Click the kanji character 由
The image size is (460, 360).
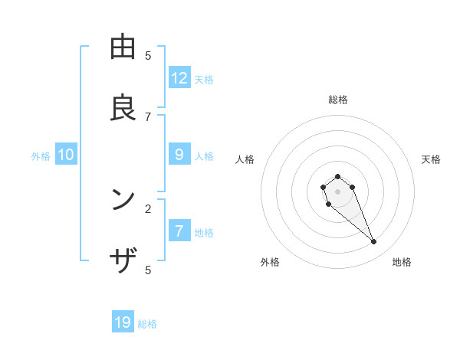point(123,47)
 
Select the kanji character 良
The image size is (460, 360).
point(123,108)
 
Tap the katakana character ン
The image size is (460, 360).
point(123,200)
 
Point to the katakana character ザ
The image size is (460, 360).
point(123,261)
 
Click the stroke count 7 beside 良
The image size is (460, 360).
point(148,116)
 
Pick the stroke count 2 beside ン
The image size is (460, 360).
point(148,208)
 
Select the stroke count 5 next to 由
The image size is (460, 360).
point(148,55)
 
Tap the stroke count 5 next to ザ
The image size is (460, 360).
point(148,270)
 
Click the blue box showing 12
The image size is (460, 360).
point(179,77)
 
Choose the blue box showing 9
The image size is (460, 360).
point(179,154)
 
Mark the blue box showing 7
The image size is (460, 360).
point(179,231)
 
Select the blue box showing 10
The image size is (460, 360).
point(66,155)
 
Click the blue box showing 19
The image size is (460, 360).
point(123,322)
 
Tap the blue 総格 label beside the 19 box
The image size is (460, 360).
point(147,324)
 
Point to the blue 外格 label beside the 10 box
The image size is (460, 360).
point(41,156)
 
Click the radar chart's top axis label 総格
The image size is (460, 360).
point(337,100)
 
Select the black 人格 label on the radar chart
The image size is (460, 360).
point(245,159)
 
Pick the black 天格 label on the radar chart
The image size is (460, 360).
point(431,159)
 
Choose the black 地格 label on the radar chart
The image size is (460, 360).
point(402,262)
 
